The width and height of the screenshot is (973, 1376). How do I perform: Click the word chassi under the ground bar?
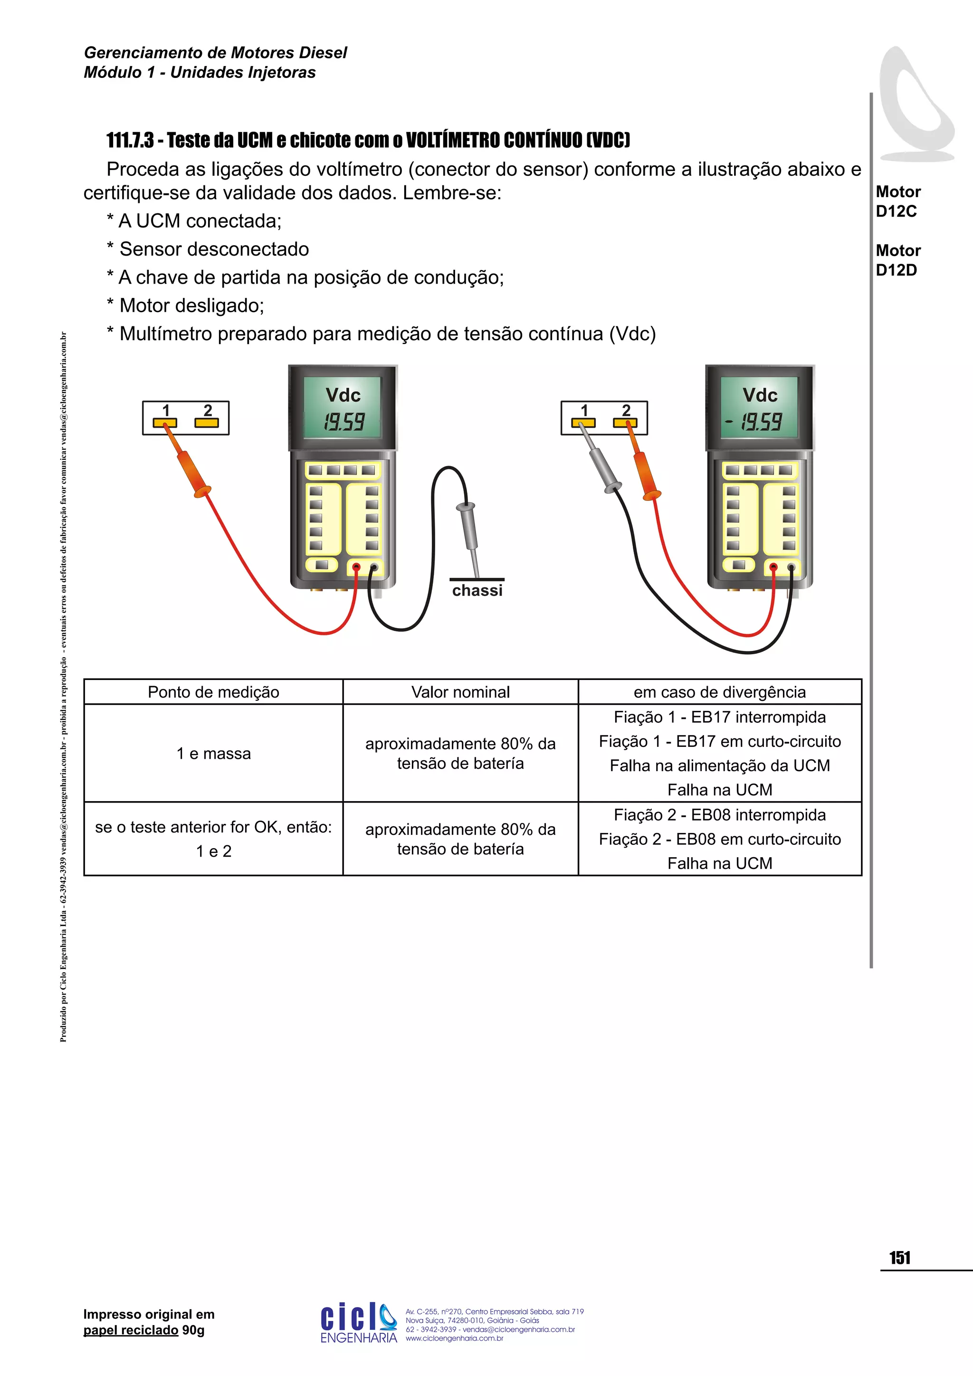point(477,591)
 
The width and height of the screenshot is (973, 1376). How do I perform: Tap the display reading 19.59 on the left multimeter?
point(343,422)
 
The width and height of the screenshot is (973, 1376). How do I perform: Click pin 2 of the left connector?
point(207,422)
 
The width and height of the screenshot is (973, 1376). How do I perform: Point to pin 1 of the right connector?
point(583,422)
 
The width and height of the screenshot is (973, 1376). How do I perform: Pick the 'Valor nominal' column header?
point(460,692)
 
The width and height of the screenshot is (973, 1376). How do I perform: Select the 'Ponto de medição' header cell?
point(213,692)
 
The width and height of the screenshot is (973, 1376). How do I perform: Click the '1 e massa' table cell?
point(213,754)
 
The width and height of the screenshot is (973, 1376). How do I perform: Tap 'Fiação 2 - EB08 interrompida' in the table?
point(720,815)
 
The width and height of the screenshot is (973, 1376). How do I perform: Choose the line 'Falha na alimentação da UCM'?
point(720,766)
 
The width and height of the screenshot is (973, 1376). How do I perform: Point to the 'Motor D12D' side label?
point(897,260)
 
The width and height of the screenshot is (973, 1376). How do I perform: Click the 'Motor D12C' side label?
point(897,201)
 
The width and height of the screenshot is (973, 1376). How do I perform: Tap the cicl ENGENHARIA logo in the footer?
point(358,1322)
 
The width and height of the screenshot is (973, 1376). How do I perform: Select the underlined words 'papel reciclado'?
point(131,1330)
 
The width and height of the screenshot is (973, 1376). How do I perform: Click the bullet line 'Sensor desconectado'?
point(214,249)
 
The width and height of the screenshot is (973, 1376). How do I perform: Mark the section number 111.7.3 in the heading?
point(129,140)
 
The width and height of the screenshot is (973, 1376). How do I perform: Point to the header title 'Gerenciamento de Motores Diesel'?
point(215,53)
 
